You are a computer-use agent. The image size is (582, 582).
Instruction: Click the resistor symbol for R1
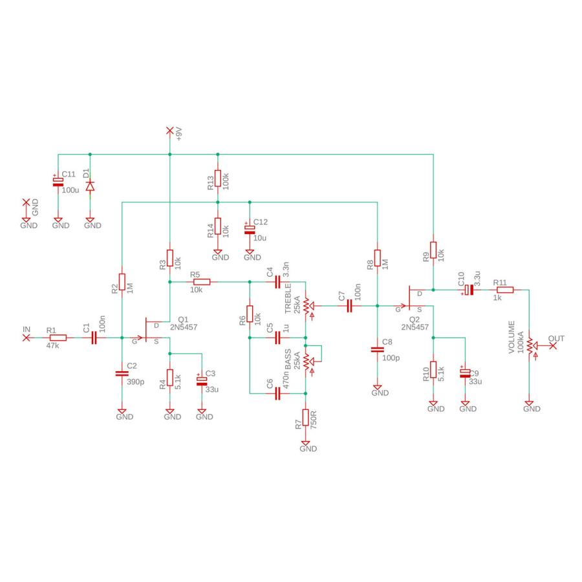click(58, 338)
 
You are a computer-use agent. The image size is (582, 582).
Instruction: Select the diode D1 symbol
click(90, 186)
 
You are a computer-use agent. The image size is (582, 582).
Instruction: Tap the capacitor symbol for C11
click(58, 182)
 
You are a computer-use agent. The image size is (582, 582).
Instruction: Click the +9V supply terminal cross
click(169, 130)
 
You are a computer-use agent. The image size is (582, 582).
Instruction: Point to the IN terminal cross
click(26, 338)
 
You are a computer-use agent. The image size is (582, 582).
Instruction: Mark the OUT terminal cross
click(553, 345)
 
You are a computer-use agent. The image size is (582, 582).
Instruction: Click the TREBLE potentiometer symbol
click(308, 306)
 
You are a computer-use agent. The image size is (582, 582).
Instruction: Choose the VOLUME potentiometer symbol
click(531, 345)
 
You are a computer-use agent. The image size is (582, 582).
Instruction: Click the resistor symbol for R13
click(217, 178)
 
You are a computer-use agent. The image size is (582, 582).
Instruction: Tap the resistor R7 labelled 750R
click(305, 417)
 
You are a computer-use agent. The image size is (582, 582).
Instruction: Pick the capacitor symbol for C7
click(349, 306)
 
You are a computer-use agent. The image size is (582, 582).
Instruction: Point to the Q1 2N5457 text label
click(184, 323)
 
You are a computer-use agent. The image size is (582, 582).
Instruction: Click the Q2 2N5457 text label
click(415, 323)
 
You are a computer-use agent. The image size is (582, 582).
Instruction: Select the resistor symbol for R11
click(505, 290)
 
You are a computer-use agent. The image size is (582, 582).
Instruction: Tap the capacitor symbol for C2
click(122, 373)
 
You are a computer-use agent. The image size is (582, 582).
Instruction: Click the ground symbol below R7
click(305, 443)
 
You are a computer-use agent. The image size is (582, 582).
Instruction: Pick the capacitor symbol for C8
click(378, 349)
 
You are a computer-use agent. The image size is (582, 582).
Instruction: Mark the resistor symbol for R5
click(202, 282)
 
